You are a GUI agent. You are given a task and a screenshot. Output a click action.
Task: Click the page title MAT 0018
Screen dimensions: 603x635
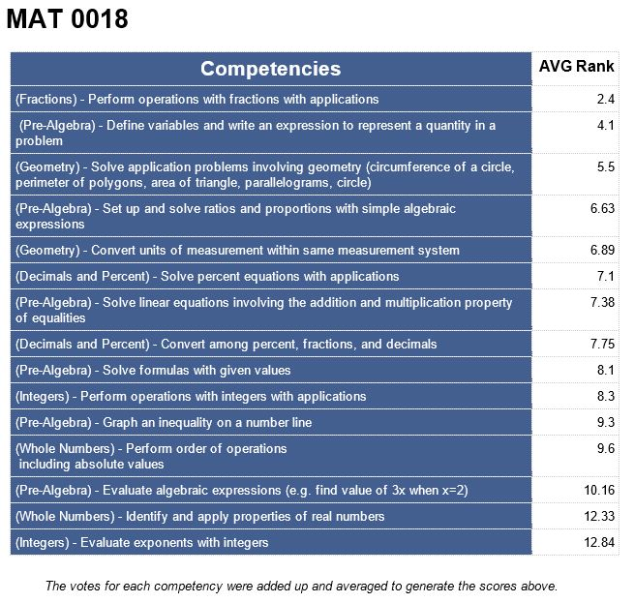tap(68, 20)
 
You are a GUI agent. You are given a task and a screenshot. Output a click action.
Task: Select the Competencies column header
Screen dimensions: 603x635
tap(271, 69)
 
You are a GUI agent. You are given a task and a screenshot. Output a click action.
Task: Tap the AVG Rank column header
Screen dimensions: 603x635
tap(576, 67)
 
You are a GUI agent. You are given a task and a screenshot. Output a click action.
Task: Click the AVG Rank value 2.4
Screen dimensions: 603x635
tap(606, 99)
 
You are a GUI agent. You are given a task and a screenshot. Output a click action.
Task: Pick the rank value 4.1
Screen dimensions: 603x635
tap(606, 125)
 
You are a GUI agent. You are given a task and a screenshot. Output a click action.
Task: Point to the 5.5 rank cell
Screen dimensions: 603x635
tap(606, 166)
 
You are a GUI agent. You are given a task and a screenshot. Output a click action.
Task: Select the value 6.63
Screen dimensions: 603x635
tap(602, 208)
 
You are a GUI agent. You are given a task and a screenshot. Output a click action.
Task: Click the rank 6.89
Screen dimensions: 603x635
tap(602, 250)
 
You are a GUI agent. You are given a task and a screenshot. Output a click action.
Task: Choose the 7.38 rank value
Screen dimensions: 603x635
tap(602, 302)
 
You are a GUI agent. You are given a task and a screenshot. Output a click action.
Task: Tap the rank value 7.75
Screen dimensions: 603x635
tap(602, 344)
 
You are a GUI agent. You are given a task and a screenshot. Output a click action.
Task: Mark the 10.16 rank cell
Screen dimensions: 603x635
tap(599, 490)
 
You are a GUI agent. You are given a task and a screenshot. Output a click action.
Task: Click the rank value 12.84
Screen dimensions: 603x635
tap(599, 542)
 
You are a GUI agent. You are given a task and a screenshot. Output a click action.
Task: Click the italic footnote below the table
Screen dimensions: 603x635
tap(301, 586)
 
